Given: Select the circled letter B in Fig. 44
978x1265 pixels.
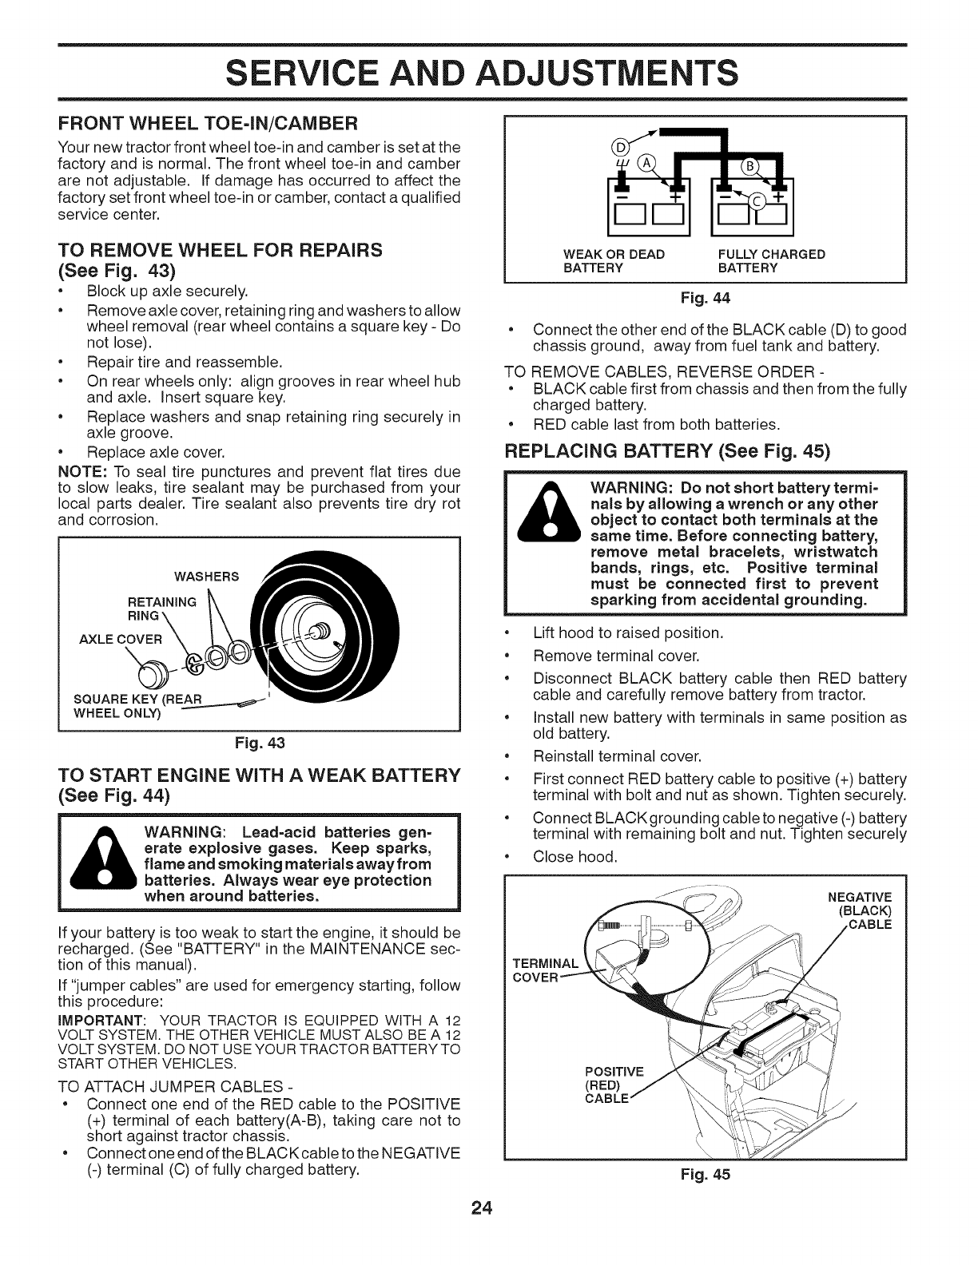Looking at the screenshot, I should (x=771, y=166).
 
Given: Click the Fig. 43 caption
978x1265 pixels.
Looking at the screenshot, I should (x=258, y=742).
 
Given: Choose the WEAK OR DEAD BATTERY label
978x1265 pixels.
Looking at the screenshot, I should (x=614, y=261).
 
